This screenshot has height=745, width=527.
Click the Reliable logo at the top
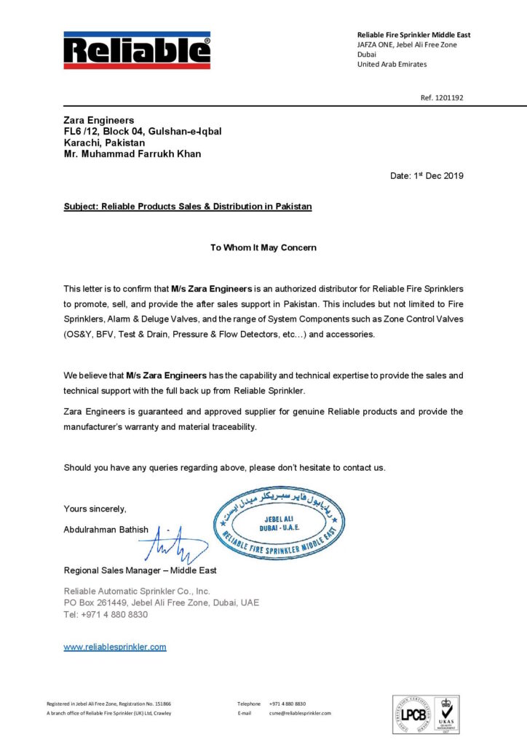click(137, 50)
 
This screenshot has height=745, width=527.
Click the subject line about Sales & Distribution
click(187, 207)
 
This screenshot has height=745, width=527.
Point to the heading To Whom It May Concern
click(263, 247)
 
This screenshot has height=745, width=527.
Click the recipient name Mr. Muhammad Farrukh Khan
click(132, 154)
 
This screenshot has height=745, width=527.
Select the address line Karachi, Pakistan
click(104, 143)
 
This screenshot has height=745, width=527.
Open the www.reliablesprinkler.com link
click(115, 647)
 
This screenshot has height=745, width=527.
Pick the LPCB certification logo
click(413, 714)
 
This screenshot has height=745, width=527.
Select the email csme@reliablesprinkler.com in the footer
click(300, 713)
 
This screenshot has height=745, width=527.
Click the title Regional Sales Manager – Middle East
click(140, 570)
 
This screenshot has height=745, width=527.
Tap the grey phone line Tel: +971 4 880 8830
click(106, 615)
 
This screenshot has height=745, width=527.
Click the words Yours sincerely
click(95, 509)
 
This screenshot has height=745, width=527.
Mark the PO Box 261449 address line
click(161, 603)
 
